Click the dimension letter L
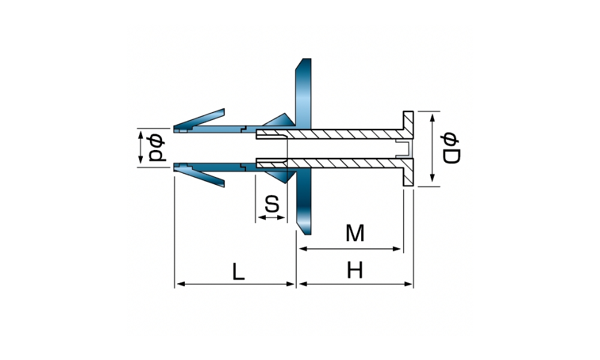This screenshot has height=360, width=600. (238, 272)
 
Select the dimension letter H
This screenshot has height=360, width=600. (355, 271)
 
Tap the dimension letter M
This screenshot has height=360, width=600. (355, 233)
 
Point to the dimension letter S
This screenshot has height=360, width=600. (272, 203)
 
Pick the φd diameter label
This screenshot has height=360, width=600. (157, 148)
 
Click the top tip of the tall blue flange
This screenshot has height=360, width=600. (306, 59)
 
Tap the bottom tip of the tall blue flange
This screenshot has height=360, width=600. (306, 234)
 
